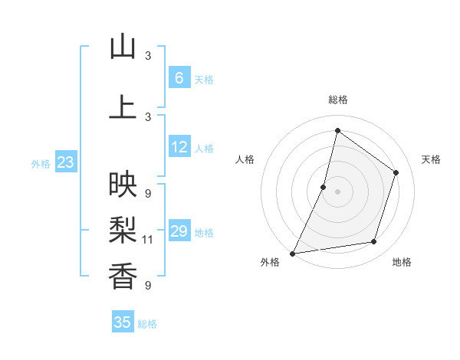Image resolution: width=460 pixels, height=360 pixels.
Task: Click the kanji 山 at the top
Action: pos(123,47)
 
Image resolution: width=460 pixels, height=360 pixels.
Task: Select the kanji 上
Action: pos(123,107)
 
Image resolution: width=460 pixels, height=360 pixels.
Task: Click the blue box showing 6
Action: pos(179,77)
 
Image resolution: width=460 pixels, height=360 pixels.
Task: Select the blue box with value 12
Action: pos(179,147)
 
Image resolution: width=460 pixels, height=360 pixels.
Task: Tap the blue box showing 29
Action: pos(179,231)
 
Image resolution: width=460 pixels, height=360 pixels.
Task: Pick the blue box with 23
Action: pos(65,162)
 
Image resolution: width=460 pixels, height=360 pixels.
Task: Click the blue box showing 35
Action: pos(122,322)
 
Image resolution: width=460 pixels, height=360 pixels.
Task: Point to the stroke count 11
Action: pos(148,240)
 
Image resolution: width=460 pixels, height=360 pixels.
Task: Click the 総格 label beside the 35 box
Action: pos(147,324)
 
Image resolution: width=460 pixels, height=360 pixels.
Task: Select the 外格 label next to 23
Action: pos(41,163)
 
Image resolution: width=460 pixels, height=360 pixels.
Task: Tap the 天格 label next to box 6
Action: pos(203,79)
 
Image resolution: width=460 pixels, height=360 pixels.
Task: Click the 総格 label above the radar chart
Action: pos(337,100)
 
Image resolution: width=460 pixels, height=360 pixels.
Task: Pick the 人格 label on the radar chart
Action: pos(245,159)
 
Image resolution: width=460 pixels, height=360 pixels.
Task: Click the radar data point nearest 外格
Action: pos(292,253)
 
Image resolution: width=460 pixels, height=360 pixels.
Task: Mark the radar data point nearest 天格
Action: pos(396,172)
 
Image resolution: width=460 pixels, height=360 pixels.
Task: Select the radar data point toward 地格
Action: pos(374,242)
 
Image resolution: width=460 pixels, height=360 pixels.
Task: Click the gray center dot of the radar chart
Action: pos(337,191)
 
